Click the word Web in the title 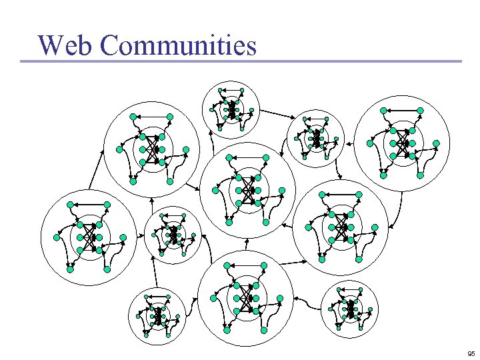[67, 45]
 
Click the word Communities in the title [179, 45]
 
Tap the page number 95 [471, 353]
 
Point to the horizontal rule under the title [240, 62]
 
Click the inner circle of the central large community [248, 190]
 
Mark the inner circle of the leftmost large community [89, 237]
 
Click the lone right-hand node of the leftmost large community [123, 237]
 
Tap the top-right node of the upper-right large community [420, 110]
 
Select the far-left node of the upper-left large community [119, 149]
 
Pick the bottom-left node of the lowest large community [227, 330]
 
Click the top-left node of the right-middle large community [321, 194]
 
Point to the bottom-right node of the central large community [266, 223]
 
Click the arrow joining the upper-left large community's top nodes [151, 117]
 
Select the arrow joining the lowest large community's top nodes [246, 265]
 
